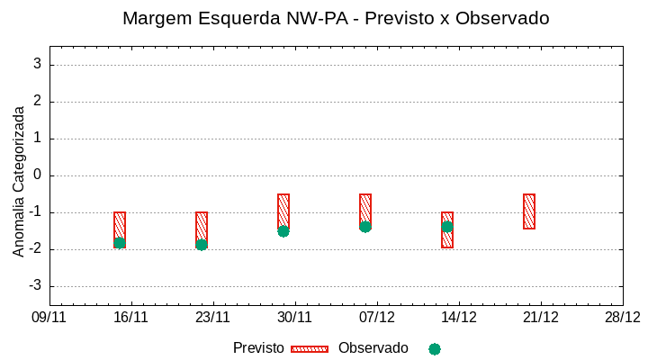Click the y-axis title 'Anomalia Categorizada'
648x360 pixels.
click(19, 181)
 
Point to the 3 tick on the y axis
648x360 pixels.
click(37, 64)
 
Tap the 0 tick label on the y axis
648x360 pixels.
click(37, 175)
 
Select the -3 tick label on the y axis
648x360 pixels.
click(33, 285)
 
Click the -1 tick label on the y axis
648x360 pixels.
click(33, 211)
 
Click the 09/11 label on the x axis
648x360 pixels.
click(49, 317)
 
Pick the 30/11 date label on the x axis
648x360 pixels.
click(294, 317)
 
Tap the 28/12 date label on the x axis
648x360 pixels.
click(622, 317)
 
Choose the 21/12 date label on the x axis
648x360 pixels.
click(541, 317)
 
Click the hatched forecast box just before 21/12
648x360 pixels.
click(529, 211)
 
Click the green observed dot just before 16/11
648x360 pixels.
click(120, 243)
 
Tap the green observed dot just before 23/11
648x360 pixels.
click(202, 245)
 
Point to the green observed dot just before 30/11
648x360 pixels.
click(283, 231)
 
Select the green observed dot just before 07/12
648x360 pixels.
click(365, 227)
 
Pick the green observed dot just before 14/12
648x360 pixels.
click(447, 227)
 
